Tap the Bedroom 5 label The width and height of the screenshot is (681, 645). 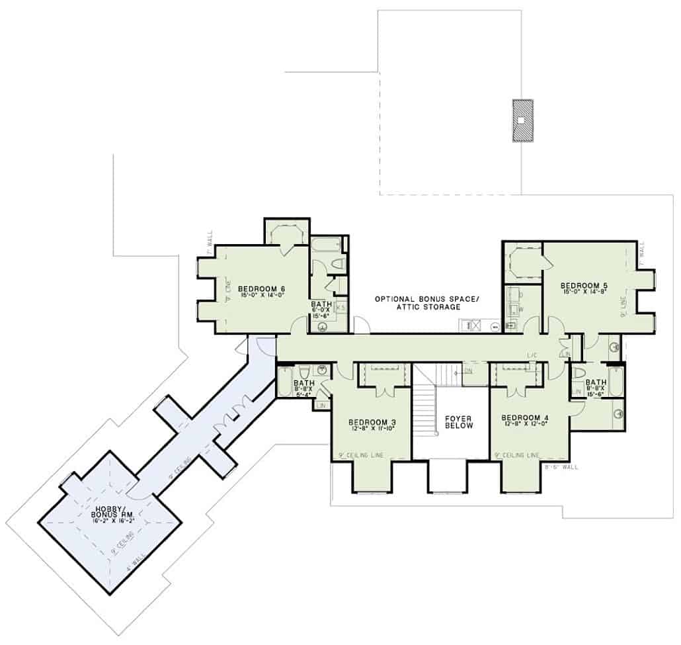[x=585, y=286]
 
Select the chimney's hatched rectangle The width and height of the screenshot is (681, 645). [x=522, y=120]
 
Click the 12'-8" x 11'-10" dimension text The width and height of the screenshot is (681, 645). [x=372, y=429]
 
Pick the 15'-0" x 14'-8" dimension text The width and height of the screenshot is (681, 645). [x=585, y=292]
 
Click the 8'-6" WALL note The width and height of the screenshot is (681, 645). [x=561, y=467]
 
